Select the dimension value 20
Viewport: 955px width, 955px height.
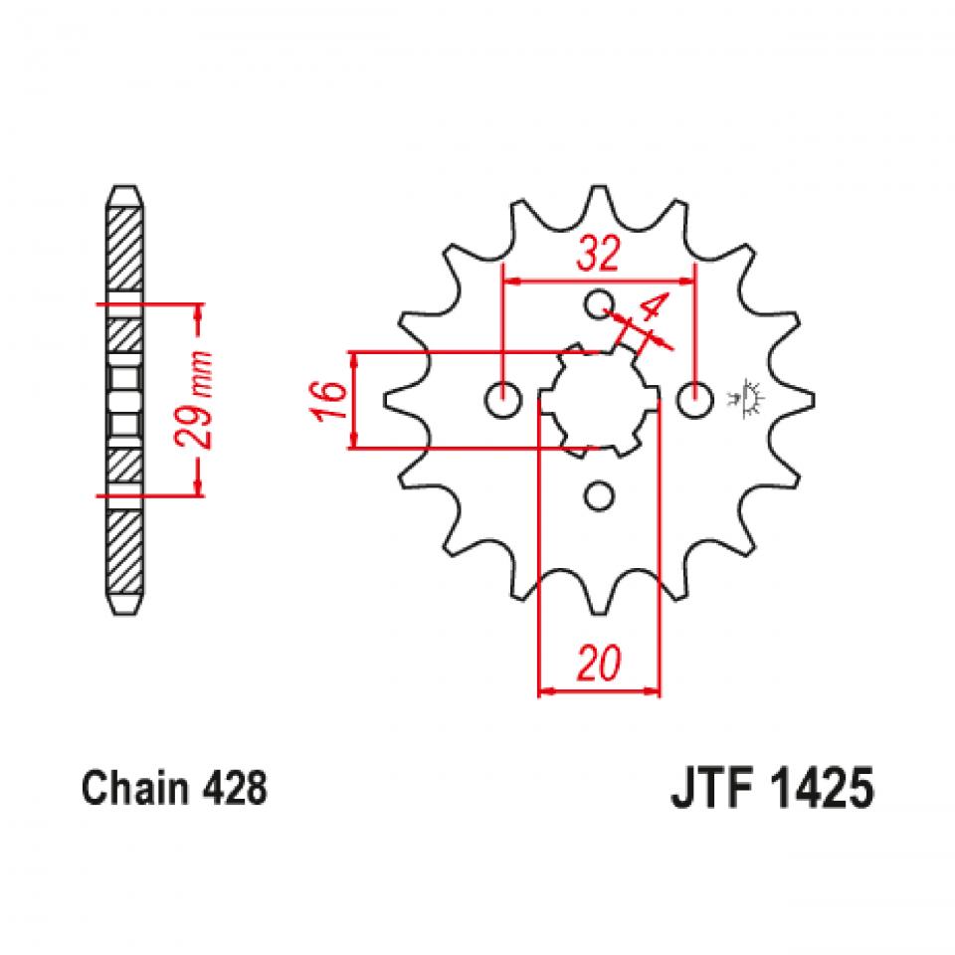[x=599, y=662]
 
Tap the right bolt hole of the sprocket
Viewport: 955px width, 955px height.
[x=694, y=400]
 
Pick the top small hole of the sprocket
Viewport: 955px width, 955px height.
[x=599, y=304]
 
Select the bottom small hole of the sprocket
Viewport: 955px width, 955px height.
[x=599, y=495]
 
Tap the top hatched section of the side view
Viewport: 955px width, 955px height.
[x=124, y=244]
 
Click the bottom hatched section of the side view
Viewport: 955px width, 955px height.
[x=124, y=552]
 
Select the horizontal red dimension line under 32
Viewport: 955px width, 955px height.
[x=599, y=282]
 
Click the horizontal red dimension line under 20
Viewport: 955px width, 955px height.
[x=599, y=688]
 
